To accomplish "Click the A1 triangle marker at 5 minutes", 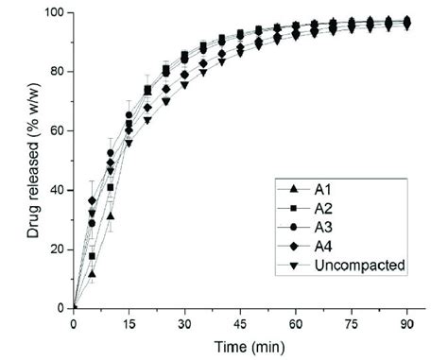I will point(92,273).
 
